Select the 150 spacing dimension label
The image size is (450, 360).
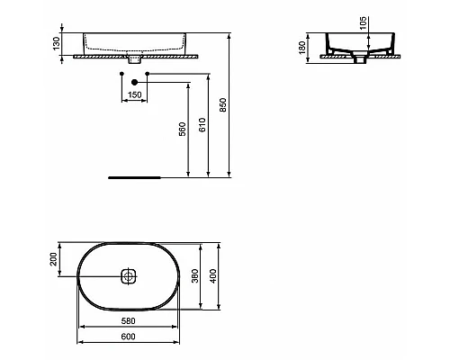(134, 94)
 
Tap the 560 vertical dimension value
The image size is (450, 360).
(184, 129)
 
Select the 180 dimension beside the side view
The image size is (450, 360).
(304, 44)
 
